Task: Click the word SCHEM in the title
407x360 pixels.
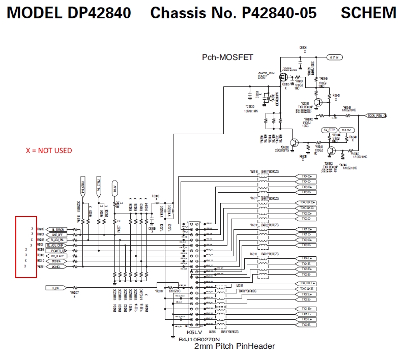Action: point(368,12)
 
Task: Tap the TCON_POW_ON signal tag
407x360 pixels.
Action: point(376,116)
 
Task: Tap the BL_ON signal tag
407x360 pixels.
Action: point(55,288)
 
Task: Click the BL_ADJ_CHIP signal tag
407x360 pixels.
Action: point(58,245)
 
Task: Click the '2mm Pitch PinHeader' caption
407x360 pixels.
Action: point(235,346)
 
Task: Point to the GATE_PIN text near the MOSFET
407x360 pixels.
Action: point(266,74)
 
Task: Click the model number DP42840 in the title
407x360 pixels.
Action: point(99,12)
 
